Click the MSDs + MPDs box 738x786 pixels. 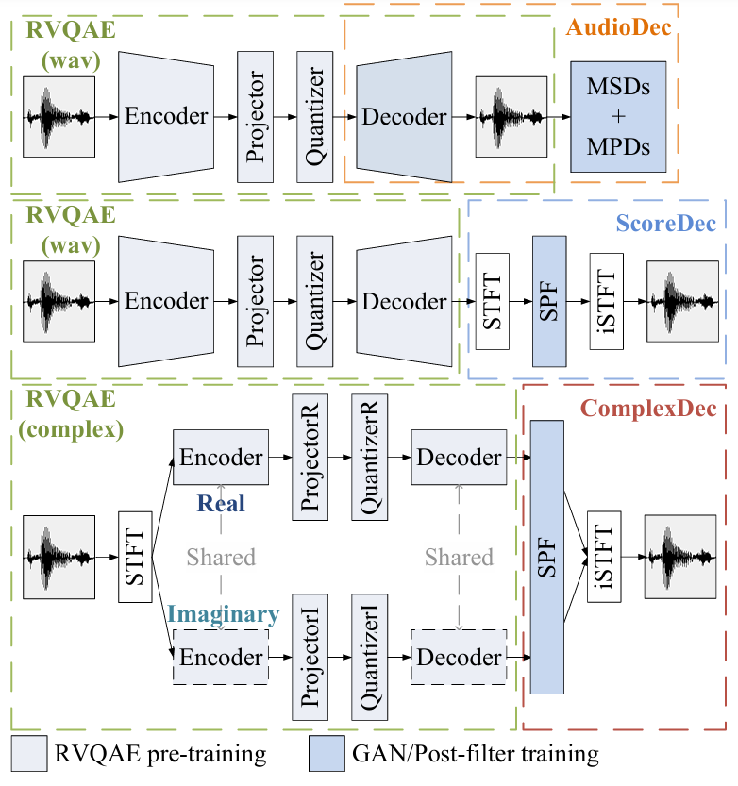coord(618,115)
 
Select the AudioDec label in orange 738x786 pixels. coord(618,26)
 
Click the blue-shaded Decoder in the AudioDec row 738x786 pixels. coord(404,116)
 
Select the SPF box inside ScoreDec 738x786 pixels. coord(549,301)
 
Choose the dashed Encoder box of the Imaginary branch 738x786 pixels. coord(221,657)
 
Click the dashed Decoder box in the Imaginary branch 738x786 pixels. coord(460,657)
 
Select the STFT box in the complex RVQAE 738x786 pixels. coord(137,557)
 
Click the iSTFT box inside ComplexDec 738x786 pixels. coord(604,557)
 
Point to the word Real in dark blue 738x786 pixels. coord(222,503)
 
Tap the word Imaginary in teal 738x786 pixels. coord(225,614)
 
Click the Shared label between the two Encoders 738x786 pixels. coord(221,557)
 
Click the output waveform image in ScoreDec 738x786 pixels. coord(682,301)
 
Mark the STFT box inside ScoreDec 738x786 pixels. coord(493,301)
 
